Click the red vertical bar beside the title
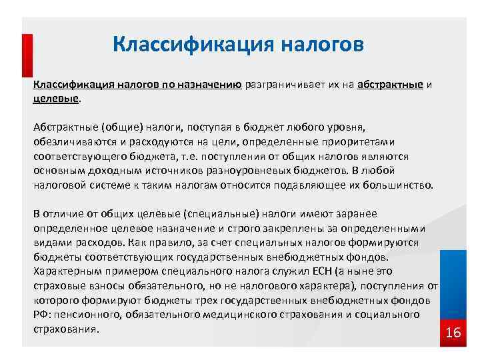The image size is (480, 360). pyautogui.click(x=27, y=57)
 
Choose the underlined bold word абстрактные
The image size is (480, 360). pyautogui.click(x=390, y=85)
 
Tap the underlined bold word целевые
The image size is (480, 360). pyautogui.click(x=56, y=98)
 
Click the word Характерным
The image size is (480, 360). pyautogui.click(x=67, y=271)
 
